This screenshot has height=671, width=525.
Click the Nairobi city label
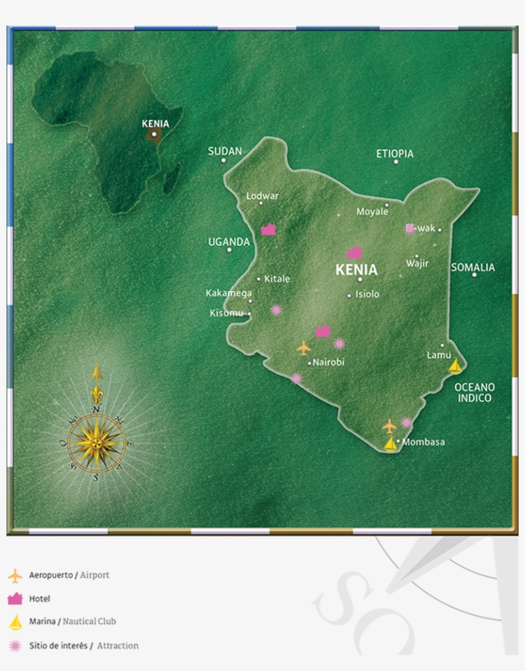coord(328,363)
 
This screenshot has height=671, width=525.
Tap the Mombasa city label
coord(423,442)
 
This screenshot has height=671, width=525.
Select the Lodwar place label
coord(262,196)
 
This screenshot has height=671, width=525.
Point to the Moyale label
coord(372,211)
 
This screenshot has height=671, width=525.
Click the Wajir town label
coord(417,264)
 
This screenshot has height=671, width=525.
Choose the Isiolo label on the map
coord(367,294)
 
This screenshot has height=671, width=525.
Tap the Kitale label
coord(277,279)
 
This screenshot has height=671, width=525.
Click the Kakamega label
coord(229,293)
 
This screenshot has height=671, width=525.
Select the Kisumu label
coord(227,313)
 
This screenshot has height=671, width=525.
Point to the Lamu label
coord(439,355)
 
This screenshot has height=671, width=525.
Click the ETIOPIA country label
coord(394,154)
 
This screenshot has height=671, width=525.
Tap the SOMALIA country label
coord(472,267)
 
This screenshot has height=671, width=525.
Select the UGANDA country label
coord(229,242)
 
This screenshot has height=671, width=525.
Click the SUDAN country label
coord(225,152)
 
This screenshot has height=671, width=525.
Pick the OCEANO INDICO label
coord(474,393)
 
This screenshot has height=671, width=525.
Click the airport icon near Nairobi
coord(303,348)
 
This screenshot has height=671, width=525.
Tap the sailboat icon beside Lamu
coord(455,366)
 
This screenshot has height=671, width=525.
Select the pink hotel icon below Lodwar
coord(268,230)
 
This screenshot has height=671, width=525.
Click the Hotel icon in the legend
coord(15,599)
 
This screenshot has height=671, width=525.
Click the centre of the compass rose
coord(96,441)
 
